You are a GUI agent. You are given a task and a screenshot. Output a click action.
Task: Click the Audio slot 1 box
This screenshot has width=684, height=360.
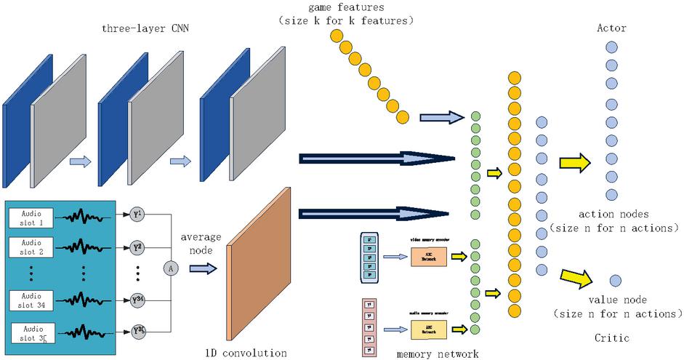tap(32, 216)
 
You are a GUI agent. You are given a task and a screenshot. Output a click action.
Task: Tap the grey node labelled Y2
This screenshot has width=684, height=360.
tap(137, 247)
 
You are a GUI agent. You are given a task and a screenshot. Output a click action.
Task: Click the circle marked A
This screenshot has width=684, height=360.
tap(172, 268)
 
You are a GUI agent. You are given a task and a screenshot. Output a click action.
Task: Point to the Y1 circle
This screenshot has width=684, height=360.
tap(137, 215)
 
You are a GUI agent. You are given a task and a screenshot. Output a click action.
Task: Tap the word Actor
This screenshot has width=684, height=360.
tap(611, 28)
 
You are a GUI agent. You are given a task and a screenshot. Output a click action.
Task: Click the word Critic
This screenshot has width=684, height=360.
tap(611, 338)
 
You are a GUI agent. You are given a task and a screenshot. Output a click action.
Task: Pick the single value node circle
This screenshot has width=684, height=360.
tap(615, 280)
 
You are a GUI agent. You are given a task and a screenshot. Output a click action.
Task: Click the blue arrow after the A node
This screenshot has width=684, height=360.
tap(203, 268)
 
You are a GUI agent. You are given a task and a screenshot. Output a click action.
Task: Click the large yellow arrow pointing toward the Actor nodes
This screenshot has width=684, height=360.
tap(575, 161)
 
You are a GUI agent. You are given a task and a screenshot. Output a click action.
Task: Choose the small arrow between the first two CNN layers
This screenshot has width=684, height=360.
tap(79, 161)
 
